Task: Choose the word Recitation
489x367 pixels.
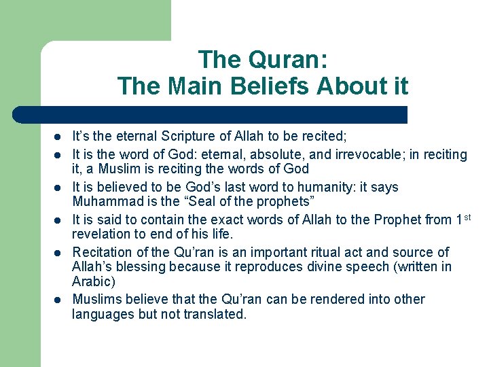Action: (103, 252)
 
